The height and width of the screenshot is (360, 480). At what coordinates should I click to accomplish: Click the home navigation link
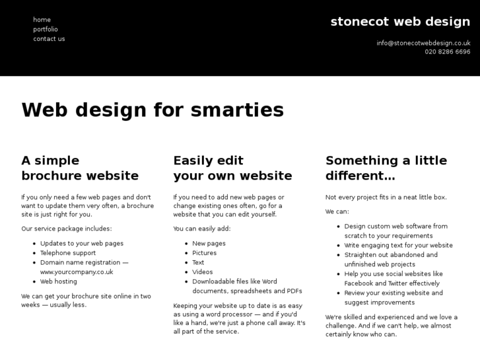tap(42, 20)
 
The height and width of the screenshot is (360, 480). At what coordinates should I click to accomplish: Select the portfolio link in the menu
tap(46, 29)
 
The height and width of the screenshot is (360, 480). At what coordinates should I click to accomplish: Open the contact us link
tap(49, 39)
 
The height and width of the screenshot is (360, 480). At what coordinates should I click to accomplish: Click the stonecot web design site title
tap(400, 22)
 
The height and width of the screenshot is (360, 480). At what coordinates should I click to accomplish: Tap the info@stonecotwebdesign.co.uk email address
tap(423, 43)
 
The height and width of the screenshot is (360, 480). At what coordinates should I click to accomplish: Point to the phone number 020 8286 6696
tap(447, 52)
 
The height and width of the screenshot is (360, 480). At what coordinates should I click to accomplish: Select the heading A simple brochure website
tap(80, 168)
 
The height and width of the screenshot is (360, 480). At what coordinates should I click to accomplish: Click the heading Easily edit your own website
tap(232, 168)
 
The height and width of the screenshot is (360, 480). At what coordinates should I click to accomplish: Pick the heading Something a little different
tap(386, 168)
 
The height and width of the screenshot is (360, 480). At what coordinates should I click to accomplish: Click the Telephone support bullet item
tap(68, 253)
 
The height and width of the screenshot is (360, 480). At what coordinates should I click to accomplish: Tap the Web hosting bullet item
tap(58, 281)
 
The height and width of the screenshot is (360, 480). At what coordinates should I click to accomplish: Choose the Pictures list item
tap(204, 253)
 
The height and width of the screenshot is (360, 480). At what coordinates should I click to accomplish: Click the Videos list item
tap(203, 271)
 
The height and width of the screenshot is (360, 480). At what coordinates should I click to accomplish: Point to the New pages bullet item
tap(209, 244)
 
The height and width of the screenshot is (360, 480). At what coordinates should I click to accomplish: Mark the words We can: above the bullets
tap(337, 211)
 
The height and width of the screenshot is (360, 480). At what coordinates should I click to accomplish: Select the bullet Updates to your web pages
tap(82, 244)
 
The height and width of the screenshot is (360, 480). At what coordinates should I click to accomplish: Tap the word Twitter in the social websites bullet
tap(400, 283)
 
